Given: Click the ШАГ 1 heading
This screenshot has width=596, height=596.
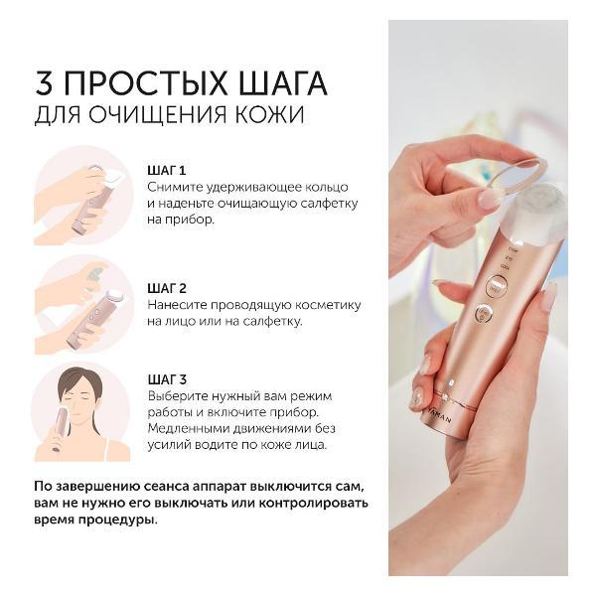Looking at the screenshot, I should point(167,170).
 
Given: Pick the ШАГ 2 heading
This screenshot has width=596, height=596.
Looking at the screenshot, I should point(167,287).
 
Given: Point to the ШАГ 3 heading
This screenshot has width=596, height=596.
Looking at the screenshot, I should point(167,378).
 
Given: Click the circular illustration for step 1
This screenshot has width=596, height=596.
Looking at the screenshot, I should point(83,195).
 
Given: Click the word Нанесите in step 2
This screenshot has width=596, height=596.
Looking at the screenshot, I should point(181,304).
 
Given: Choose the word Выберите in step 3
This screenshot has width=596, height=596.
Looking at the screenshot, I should point(183,396).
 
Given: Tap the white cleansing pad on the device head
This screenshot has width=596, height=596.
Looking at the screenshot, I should point(535,223).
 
